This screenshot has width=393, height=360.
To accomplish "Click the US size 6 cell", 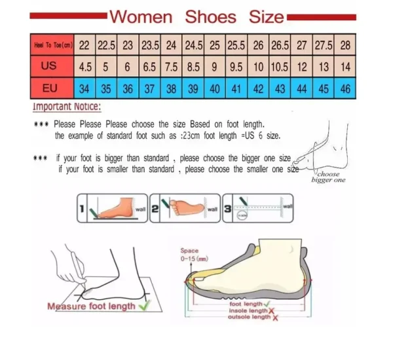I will pos(128,67).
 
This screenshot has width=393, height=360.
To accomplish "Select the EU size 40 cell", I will pos(215,88).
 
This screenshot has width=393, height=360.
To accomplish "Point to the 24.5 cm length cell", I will pos(193,46).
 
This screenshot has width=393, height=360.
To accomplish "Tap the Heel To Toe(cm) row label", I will pos(52,46).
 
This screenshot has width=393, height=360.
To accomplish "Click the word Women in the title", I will pos(141,16).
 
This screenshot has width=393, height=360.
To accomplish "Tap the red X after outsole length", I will pos(274,317).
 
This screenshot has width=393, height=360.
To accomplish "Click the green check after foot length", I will pos(267,303).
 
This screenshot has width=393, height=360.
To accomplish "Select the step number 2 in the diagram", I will pos(155,209).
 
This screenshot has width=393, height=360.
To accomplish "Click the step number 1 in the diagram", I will pos(83,209).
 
